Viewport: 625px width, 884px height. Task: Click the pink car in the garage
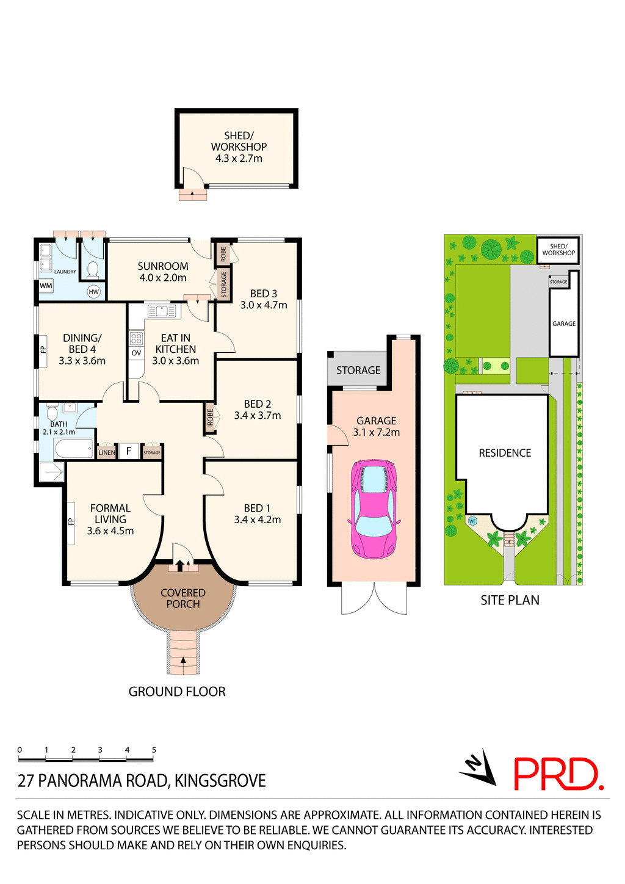(x=374, y=509)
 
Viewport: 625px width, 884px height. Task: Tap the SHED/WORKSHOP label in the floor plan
(x=239, y=142)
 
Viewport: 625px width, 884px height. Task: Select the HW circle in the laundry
(x=93, y=292)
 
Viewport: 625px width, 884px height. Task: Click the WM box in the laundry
(x=46, y=286)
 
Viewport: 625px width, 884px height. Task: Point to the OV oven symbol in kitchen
(x=136, y=353)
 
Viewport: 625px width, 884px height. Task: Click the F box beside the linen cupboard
(x=129, y=452)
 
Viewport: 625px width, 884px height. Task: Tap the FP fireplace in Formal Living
(x=71, y=521)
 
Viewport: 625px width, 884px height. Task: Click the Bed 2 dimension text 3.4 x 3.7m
(x=258, y=416)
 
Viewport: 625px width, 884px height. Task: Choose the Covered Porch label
(x=183, y=598)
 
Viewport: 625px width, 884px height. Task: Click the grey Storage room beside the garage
(x=358, y=370)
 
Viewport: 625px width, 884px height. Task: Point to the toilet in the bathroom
(x=52, y=412)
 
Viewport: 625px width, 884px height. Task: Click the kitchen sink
(x=162, y=312)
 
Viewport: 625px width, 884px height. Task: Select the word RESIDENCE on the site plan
(x=505, y=453)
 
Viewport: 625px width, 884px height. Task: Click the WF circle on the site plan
(x=472, y=521)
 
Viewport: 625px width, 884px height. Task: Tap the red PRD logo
(x=558, y=774)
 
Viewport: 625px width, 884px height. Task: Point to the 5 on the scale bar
(x=154, y=750)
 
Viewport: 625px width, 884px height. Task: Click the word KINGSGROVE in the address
(x=220, y=781)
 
